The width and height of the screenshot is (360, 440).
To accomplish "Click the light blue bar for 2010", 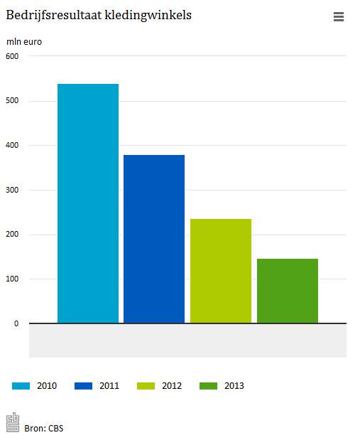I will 88,203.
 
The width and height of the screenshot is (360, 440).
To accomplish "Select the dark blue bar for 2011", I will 154,239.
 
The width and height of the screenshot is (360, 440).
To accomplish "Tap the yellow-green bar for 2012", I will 221,271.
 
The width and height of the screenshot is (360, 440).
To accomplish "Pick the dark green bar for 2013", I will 287,291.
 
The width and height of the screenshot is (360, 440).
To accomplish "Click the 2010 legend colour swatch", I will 21,386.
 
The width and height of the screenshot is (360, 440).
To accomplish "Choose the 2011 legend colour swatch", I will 83,386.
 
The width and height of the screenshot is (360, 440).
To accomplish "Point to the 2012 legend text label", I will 172,386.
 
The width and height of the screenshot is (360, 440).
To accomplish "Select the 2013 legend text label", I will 234,386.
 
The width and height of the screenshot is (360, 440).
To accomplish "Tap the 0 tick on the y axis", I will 16,323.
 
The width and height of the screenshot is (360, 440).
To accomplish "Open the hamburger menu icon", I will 339,17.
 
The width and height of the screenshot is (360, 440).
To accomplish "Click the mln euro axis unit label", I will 24,41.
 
